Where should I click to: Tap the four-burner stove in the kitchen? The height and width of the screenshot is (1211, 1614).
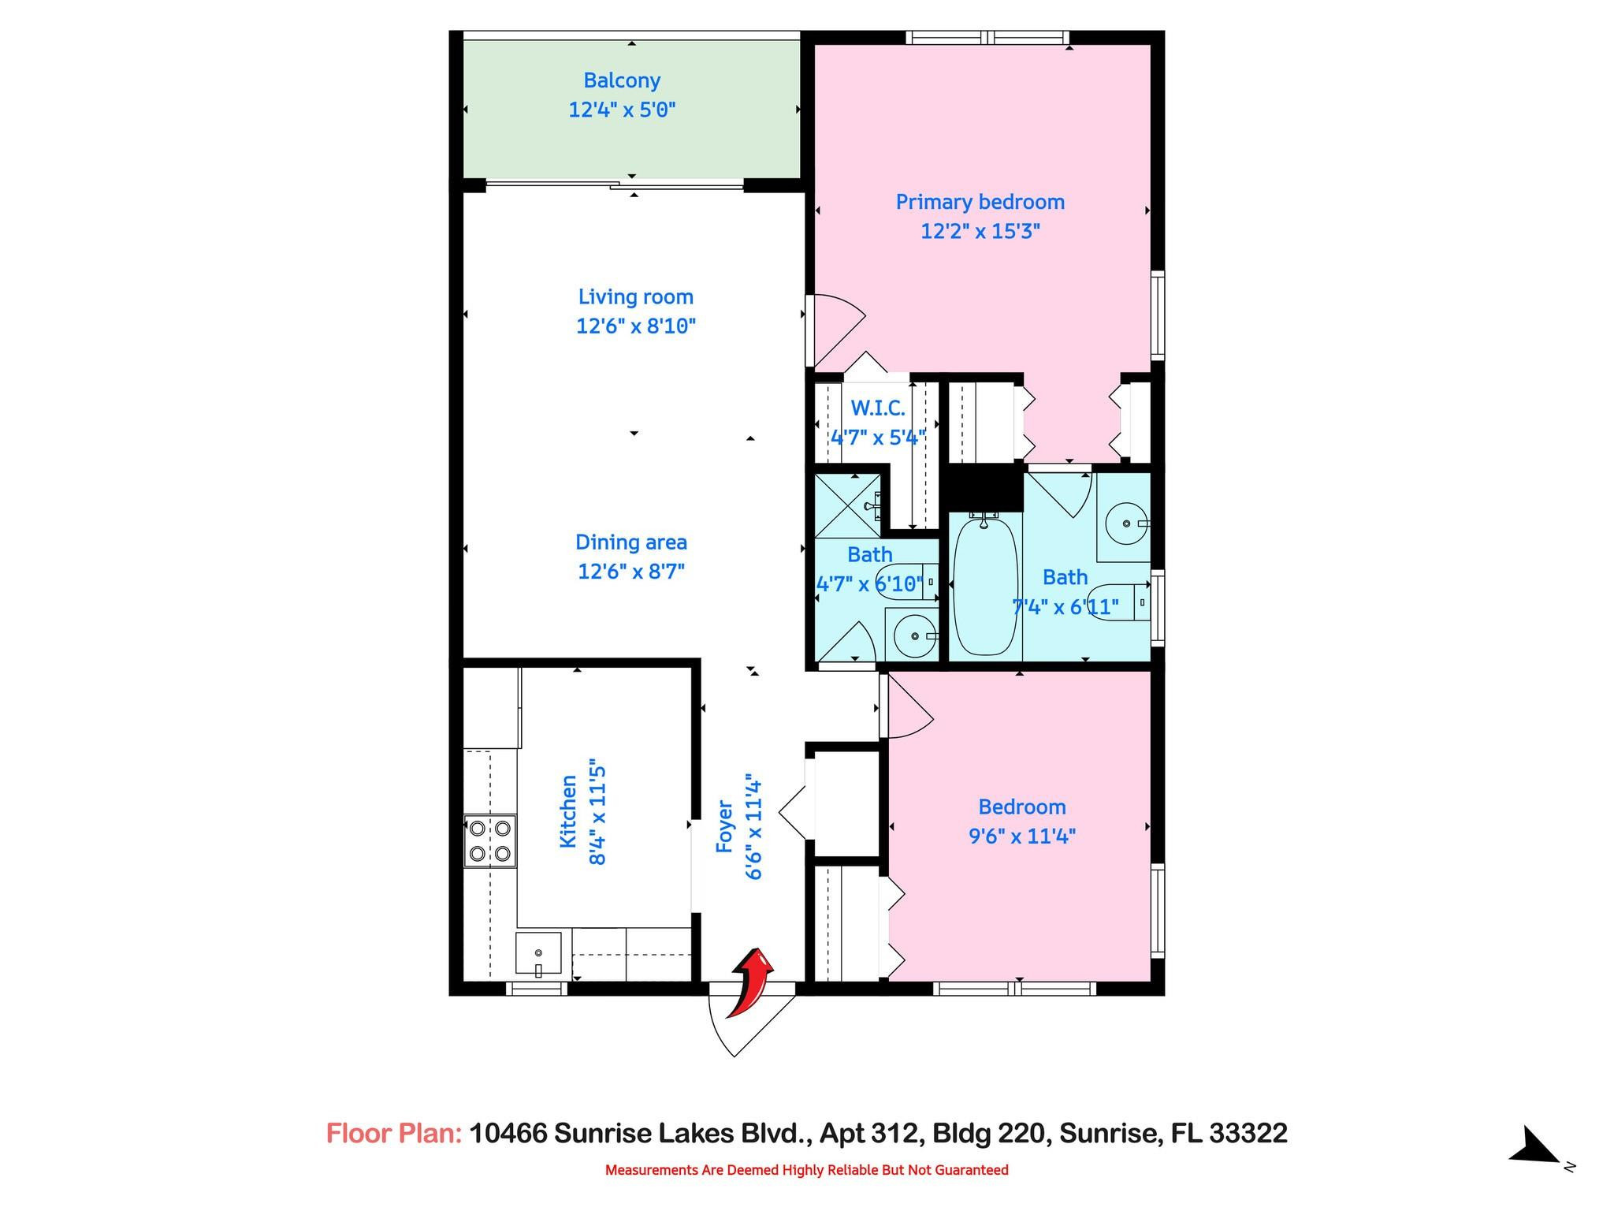[x=489, y=840]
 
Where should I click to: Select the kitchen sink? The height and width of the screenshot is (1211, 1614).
[x=539, y=953]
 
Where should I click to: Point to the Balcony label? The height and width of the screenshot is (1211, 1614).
[x=622, y=80]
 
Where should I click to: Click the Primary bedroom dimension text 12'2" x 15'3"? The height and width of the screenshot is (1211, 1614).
[x=980, y=231]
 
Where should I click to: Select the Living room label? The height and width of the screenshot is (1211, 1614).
[x=636, y=297]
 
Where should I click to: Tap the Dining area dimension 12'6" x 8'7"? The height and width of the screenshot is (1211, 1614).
[x=631, y=571]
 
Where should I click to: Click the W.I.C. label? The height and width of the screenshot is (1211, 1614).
[x=877, y=408]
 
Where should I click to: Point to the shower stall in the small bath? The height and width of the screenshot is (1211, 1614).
[x=847, y=505]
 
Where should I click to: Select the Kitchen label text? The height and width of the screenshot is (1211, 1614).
[x=567, y=811]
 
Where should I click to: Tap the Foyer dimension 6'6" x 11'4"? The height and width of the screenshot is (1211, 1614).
[x=753, y=825]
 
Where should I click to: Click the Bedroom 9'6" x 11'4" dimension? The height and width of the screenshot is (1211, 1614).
[x=1022, y=836]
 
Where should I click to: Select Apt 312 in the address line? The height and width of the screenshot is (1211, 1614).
[x=870, y=1133]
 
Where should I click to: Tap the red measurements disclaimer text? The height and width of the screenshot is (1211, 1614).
[x=806, y=1170]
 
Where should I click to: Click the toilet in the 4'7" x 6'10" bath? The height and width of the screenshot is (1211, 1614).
[x=906, y=583]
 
